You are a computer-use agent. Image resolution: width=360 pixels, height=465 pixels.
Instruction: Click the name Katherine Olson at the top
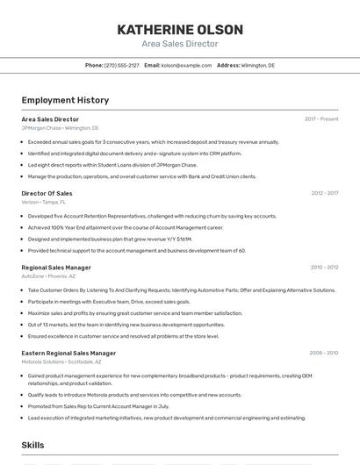click(179, 30)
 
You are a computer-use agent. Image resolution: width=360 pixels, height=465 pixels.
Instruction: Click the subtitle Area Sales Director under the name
click(179, 44)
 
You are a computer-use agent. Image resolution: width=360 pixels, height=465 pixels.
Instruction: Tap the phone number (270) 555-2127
click(122, 65)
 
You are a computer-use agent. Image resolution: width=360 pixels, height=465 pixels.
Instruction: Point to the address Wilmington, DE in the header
click(257, 65)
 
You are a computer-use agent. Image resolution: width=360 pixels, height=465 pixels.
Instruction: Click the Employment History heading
click(65, 101)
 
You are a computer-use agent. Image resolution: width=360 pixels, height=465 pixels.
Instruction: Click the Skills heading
click(33, 446)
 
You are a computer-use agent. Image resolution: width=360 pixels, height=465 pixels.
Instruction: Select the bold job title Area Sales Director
click(50, 119)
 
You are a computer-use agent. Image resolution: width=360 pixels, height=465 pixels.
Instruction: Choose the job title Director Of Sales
click(47, 193)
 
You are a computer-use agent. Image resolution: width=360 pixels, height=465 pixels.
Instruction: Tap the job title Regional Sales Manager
click(56, 268)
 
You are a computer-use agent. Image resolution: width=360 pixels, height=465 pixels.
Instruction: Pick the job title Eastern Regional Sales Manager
click(68, 353)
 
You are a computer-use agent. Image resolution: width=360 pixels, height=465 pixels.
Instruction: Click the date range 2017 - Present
click(321, 119)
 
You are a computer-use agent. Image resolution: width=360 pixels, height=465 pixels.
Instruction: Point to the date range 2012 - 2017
click(324, 193)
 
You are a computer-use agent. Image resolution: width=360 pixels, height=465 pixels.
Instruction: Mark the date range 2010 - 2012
click(324, 268)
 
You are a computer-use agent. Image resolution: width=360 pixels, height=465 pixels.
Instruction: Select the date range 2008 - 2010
click(323, 353)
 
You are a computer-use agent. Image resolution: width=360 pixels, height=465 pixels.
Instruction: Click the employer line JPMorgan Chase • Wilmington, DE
click(60, 128)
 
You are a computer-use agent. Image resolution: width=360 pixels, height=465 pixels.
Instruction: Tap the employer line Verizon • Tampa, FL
click(43, 202)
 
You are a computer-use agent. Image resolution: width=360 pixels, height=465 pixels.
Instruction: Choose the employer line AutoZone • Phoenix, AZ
click(48, 276)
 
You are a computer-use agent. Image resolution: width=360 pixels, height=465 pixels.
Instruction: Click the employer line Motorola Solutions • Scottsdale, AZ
click(61, 361)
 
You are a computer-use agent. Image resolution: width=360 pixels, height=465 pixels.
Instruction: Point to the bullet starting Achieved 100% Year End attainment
click(125, 227)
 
